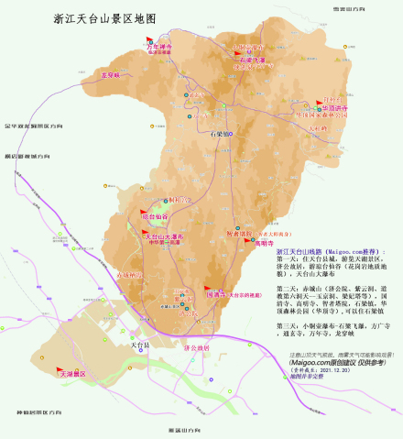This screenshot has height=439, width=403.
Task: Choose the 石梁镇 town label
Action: point(220,135)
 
